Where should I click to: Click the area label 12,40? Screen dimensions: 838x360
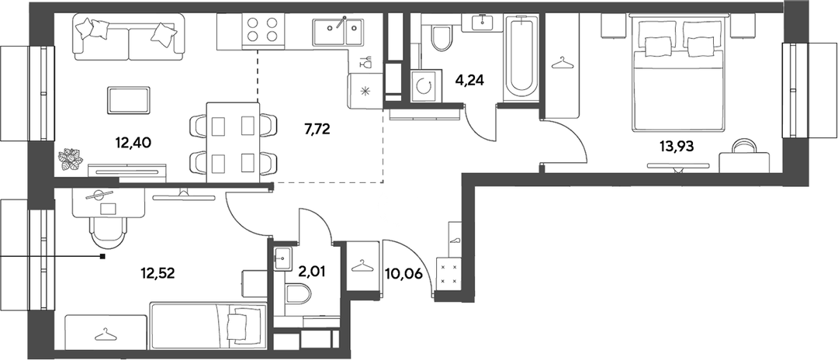(134, 143)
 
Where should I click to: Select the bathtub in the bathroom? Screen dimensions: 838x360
(522, 57)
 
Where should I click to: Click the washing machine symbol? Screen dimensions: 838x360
(426, 85)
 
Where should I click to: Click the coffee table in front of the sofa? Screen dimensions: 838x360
(130, 100)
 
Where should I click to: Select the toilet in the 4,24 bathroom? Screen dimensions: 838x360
(442, 37)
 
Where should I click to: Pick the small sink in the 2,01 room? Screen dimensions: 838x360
(282, 258)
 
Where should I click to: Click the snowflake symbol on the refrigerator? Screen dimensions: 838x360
(365, 92)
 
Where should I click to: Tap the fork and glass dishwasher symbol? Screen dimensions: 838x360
(366, 62)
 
